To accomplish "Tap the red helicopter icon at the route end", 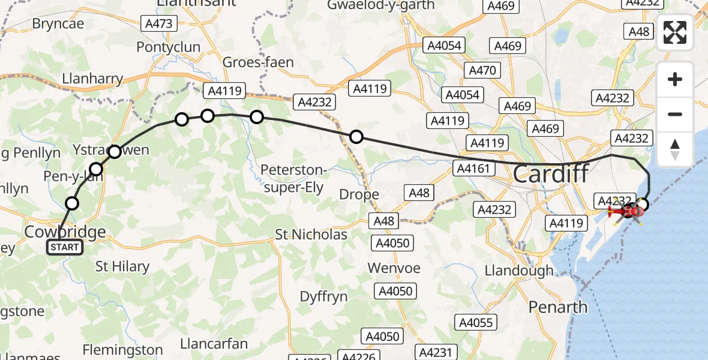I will [625, 211].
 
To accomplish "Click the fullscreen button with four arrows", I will [675, 32].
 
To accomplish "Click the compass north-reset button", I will [675, 149].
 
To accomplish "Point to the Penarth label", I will [558, 307].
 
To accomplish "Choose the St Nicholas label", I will [311, 235].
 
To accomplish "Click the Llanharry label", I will [92, 79].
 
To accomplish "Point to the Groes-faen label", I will [258, 62].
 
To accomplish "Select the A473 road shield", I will [158, 24].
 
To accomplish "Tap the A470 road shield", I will [482, 71].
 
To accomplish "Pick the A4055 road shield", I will [475, 323].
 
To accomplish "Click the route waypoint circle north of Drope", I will [356, 137].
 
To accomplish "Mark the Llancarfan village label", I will [214, 344].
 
